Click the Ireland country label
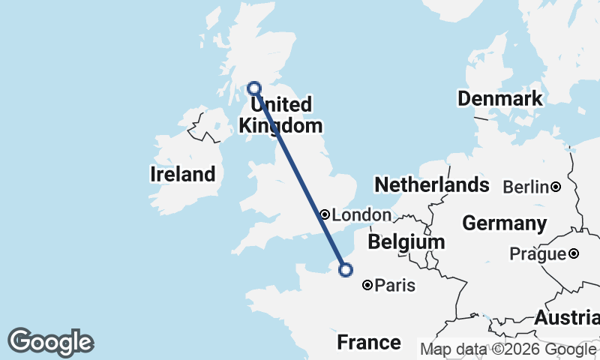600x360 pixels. [x=182, y=175]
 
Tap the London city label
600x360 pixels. [x=361, y=215]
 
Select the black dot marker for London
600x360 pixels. [x=325, y=214]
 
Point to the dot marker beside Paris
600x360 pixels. [x=367, y=285]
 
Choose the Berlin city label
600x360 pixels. [x=526, y=187]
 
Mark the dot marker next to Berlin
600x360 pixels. [x=556, y=187]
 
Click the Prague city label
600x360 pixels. [x=537, y=254]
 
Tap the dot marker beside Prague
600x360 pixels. [x=574, y=254]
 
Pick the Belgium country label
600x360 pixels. [x=406, y=242]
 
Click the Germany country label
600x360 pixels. [x=504, y=223]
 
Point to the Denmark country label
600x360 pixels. [x=499, y=99]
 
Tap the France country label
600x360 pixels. [x=368, y=343]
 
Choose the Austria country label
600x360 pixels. [x=568, y=317]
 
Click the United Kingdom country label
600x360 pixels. [x=280, y=115]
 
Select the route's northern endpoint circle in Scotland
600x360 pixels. [x=254, y=88]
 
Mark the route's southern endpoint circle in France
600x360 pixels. [x=346, y=270]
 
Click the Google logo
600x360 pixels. [x=51, y=342]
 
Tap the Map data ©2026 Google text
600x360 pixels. [x=507, y=349]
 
